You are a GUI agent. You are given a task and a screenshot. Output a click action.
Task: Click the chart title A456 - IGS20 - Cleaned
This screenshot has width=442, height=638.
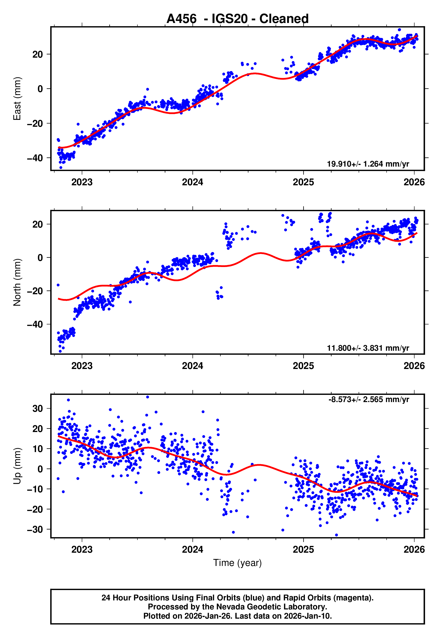pos(237,19)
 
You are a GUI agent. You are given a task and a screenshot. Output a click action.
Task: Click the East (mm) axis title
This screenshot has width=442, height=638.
pos(17,99)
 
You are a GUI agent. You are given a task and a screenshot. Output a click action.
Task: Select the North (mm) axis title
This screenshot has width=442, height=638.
pos(17,282)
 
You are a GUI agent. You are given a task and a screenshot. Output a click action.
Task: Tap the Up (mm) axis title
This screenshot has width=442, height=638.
pos(17,466)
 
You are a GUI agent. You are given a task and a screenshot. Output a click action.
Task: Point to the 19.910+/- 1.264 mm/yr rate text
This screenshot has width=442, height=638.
pos(368,164)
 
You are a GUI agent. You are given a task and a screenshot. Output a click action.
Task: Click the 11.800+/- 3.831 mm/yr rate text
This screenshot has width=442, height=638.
pos(368,348)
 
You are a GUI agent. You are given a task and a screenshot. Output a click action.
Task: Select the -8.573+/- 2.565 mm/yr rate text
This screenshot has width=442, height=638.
pos(369,400)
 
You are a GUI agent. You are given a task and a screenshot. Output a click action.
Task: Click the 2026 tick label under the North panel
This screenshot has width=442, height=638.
pos(414,366)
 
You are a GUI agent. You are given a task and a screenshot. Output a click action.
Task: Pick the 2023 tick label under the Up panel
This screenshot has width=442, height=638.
pos(82,550)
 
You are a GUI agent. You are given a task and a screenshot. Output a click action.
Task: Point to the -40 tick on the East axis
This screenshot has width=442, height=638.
pos(35,158)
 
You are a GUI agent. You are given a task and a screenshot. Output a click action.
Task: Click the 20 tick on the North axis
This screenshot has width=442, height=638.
pos(38,224)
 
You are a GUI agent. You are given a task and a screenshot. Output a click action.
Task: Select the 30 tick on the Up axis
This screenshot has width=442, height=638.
pos(38,408)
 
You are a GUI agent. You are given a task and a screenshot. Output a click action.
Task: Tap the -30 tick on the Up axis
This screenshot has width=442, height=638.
pos(35,529)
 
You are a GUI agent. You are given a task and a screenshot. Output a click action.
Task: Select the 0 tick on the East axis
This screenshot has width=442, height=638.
pos(40,89)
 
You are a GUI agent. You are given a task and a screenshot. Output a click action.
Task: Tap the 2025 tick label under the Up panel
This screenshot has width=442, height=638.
pos(303,550)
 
